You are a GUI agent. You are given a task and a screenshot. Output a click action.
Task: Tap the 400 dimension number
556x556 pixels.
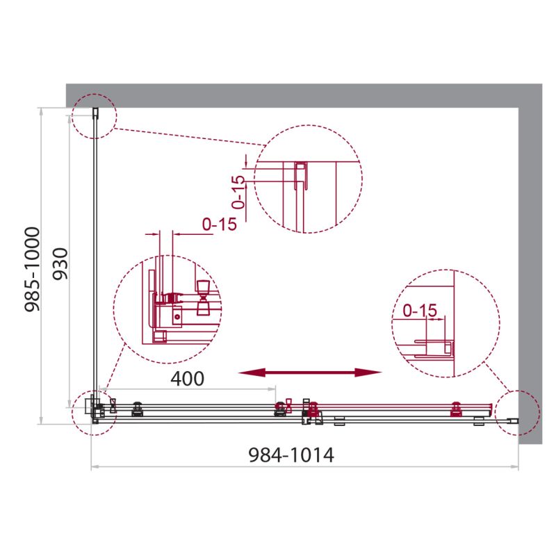click(x=188, y=379)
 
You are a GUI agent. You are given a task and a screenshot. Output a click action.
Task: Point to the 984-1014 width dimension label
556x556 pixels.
click(x=291, y=455)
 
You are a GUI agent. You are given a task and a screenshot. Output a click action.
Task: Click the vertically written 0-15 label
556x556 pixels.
click(x=238, y=193)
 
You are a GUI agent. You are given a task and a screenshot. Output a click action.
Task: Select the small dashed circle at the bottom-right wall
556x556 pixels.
click(x=518, y=413)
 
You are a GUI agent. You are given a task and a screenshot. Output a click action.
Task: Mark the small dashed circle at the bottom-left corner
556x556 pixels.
click(x=94, y=413)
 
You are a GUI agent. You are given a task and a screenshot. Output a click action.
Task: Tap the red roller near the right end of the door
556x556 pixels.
click(x=457, y=409)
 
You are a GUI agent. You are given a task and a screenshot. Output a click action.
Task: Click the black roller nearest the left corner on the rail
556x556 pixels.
click(x=137, y=409)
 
